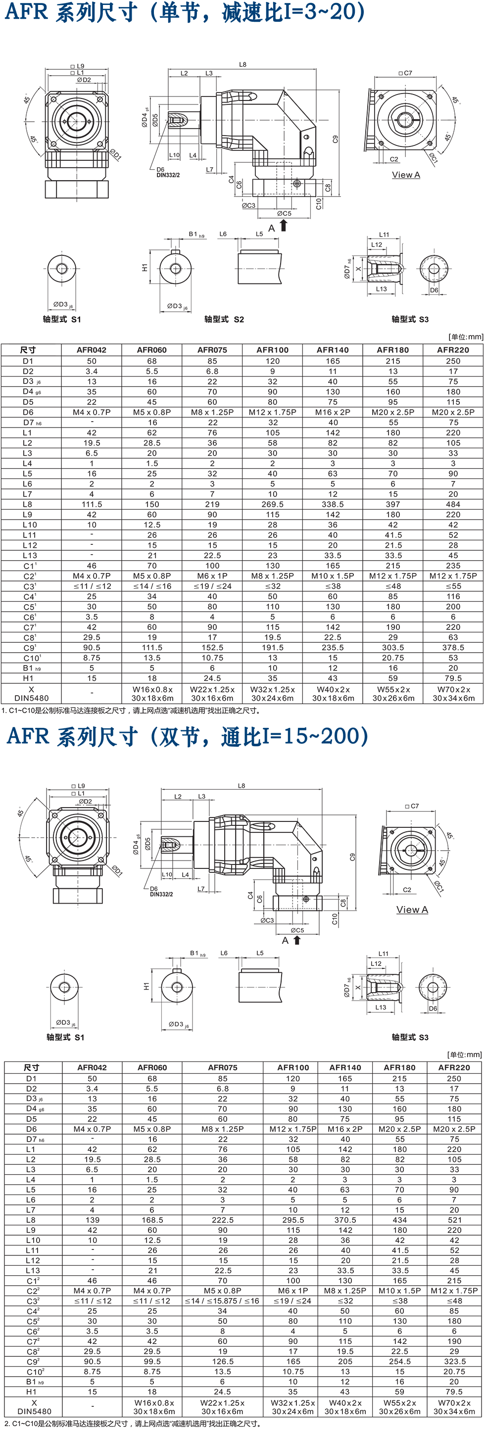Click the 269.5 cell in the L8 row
[272, 504]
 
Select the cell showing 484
[453, 504]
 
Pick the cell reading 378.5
[453, 648]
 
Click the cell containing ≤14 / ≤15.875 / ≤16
[223, 1300]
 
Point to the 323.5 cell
[454, 1361]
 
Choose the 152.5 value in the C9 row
[212, 648]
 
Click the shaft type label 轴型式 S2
[224, 319]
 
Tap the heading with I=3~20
[185, 12]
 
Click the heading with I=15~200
[188, 737]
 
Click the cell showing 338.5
[333, 504]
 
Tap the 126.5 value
[223, 1361]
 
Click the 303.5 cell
[393, 648]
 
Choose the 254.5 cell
[399, 1361]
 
